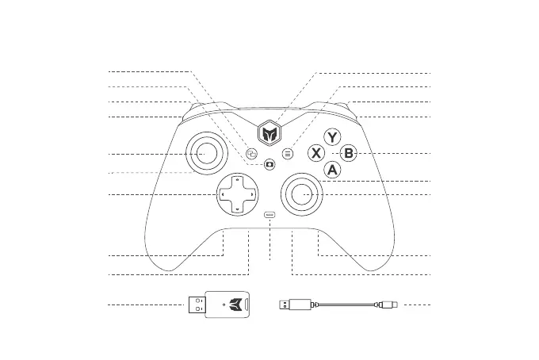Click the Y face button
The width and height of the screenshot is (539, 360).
coord(334,136)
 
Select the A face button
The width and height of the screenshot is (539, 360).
coord(333,169)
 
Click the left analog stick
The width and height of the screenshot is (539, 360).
coord(205,153)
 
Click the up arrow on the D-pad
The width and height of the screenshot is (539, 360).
coord(238,179)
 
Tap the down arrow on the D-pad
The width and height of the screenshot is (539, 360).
coord(238,209)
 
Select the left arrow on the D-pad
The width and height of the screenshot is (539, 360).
coord(223,194)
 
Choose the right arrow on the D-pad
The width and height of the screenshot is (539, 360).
coord(252,194)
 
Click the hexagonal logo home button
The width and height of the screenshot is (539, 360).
coord(270,134)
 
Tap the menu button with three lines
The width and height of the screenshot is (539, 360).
coord(288,153)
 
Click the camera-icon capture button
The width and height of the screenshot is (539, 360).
coord(270,165)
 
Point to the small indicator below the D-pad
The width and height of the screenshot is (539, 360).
coord(270,214)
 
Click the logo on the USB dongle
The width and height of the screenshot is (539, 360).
coord(235,303)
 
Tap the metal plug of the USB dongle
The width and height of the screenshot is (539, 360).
coord(197,304)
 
